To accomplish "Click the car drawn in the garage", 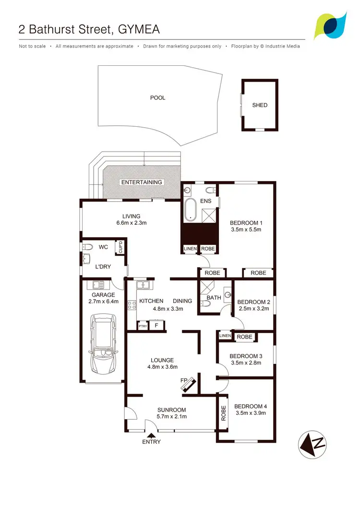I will click(x=104, y=344).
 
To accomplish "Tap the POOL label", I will click(x=157, y=98).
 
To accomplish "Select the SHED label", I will click(x=260, y=105).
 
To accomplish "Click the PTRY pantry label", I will click(x=143, y=327).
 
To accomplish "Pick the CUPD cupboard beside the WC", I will click(x=121, y=247).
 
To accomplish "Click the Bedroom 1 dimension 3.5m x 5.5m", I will click(x=245, y=230).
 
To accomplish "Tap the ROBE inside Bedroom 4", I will click(x=223, y=413).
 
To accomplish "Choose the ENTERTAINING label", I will click(x=142, y=182).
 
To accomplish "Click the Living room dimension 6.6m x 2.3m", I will click(x=131, y=223).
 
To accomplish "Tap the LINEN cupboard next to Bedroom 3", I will click(x=224, y=335).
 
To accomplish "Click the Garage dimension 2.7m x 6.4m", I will click(x=103, y=302).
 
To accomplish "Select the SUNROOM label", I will click(x=172, y=410).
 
